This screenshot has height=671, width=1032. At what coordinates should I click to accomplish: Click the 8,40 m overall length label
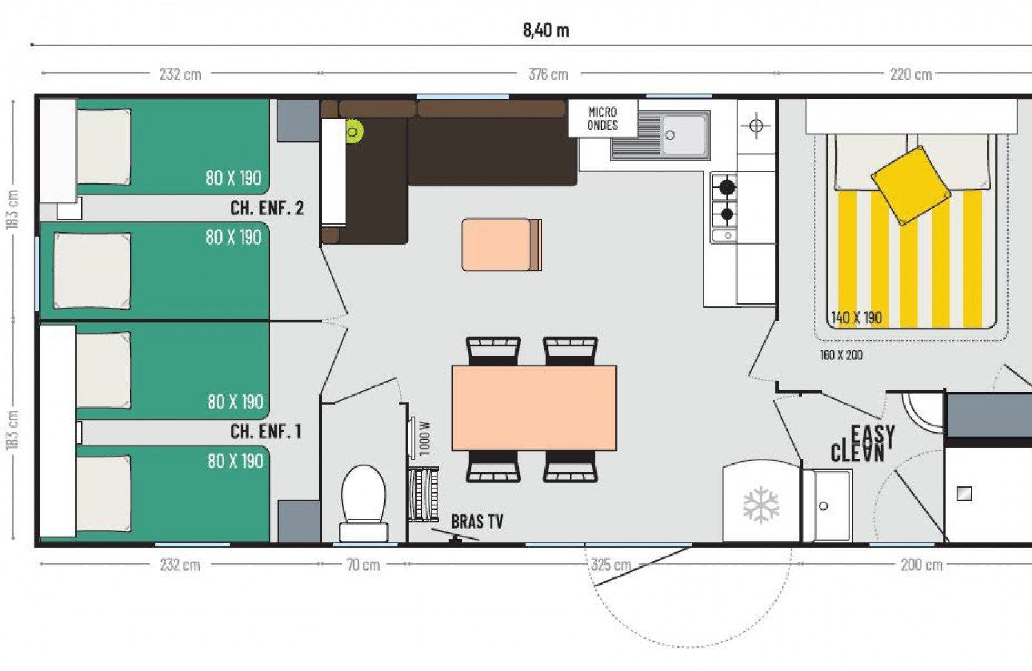[546, 30]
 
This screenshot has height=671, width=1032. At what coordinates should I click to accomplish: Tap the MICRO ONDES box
[602, 119]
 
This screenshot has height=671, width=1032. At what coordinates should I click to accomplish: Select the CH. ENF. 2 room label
[267, 208]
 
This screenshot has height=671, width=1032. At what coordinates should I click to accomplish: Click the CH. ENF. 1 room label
[266, 431]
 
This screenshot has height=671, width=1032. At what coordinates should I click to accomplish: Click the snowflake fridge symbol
[761, 505]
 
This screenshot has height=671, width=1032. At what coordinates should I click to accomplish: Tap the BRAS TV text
[477, 521]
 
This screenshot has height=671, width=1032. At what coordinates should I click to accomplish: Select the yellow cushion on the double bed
[911, 185]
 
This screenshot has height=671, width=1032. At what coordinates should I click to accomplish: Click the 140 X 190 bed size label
[856, 317]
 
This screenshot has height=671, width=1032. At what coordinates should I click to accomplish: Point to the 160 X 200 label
[841, 355]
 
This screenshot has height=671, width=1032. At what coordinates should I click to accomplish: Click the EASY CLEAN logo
[863, 444]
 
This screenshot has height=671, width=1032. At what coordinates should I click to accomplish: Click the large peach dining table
[534, 408]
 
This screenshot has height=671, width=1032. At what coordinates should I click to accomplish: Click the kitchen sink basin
[684, 135]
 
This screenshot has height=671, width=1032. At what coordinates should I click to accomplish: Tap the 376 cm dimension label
[548, 74]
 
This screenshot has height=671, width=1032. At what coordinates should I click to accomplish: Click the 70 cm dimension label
[363, 565]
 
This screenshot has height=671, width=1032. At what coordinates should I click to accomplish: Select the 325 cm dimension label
[611, 565]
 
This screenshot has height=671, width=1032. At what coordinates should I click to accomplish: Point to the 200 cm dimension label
[921, 565]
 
